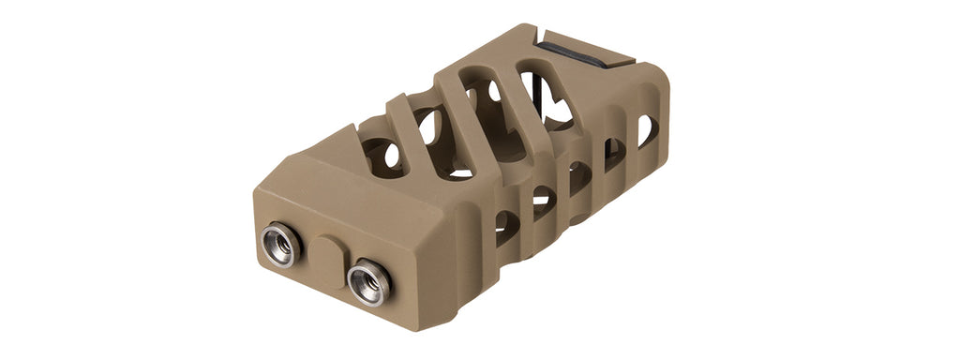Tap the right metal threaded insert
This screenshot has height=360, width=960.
367,281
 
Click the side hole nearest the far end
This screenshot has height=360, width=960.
647,130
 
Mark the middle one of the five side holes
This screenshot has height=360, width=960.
579,177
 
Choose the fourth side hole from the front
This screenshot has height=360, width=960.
614,153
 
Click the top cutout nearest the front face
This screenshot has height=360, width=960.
382,155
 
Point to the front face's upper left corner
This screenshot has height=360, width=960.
256,193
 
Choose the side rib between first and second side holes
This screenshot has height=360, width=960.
525,214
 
